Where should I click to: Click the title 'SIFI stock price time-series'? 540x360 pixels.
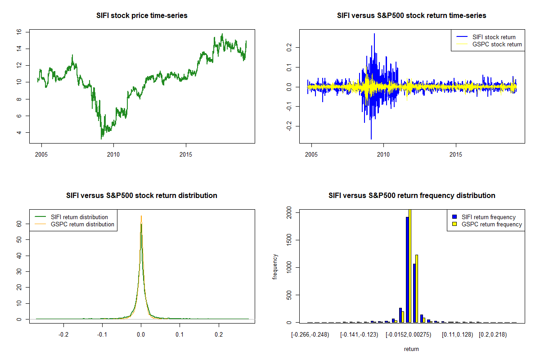coord(142,16)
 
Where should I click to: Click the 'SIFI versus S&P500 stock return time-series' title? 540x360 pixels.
coord(411,16)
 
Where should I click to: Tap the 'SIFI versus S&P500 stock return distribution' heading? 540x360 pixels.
coord(142,196)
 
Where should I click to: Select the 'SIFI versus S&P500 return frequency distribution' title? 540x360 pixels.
coord(412,196)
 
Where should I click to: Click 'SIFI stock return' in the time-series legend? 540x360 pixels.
coord(494,37)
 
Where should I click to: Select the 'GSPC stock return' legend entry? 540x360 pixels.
coord(497,44)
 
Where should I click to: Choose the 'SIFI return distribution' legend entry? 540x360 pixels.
coord(79,217)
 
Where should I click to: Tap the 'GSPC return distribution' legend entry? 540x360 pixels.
coord(82,224)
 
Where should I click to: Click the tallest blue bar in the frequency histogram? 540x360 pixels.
coord(407,270)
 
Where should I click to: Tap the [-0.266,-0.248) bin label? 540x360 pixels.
coord(310,335)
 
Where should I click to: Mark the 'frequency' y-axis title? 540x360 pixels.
coord(275,267)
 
